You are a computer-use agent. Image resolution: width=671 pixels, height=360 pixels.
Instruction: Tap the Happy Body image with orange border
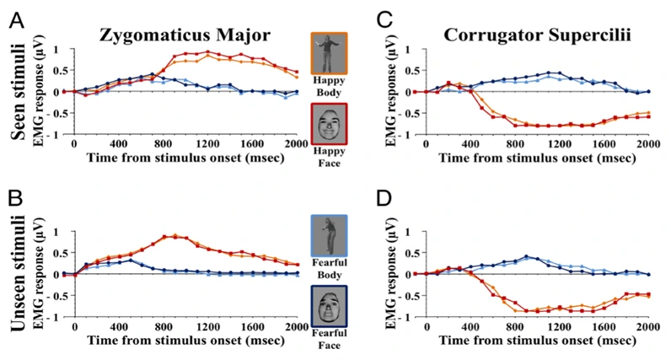(x=327, y=53)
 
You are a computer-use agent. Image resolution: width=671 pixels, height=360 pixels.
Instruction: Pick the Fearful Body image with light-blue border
(x=327, y=235)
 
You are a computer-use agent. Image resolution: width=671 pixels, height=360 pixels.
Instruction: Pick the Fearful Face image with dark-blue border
(x=327, y=305)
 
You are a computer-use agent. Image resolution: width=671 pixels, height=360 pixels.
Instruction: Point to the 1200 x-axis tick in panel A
(x=206, y=144)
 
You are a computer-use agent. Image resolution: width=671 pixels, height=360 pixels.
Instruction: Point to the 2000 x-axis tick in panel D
(x=647, y=327)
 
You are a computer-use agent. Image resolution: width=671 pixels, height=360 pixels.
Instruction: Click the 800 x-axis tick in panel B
(x=164, y=327)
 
